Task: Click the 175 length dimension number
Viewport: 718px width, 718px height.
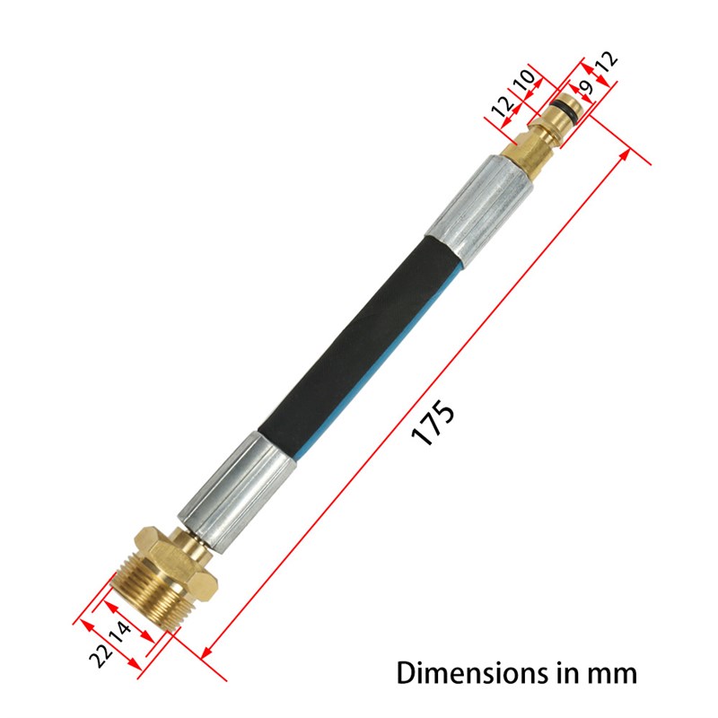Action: click(434, 422)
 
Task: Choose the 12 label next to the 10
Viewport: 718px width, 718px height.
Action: click(503, 106)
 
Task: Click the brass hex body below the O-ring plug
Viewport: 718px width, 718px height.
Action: click(528, 148)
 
